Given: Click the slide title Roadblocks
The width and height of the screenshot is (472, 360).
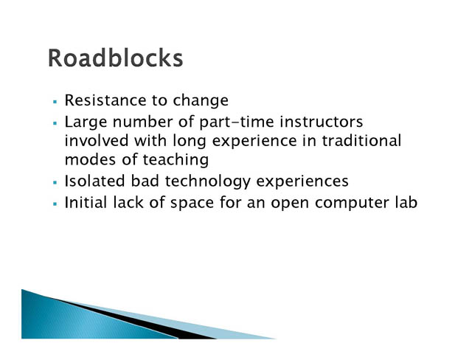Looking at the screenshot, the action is coord(115,58).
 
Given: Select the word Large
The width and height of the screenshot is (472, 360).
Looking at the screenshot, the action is coord(86,122).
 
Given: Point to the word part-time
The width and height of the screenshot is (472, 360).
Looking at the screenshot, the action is coord(237,122).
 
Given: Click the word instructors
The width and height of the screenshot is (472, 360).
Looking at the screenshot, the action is coord(322,122).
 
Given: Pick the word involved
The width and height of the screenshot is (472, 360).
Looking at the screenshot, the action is coord(97,141).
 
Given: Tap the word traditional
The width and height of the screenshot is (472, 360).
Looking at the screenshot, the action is coord(362,141).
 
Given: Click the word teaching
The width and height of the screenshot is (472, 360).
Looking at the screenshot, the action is coord(176,160).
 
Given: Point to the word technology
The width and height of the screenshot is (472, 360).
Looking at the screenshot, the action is coord(208,181).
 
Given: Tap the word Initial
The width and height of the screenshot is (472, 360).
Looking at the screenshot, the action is coord(86,202).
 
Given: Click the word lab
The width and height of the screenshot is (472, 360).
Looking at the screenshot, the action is coord(406,202).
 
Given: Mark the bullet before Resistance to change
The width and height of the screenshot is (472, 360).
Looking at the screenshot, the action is coord(55,102).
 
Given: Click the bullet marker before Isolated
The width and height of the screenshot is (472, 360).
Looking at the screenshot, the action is coord(55,182).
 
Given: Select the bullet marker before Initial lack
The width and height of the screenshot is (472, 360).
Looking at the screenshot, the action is coord(55,204).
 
